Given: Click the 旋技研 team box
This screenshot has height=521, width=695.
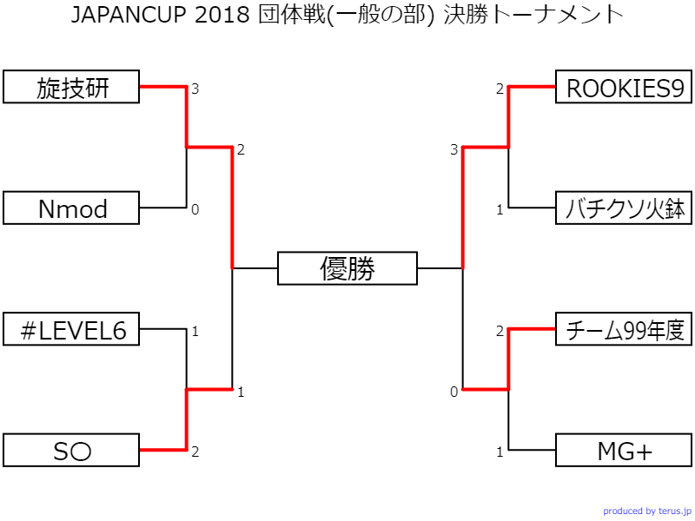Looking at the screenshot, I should click(71, 88).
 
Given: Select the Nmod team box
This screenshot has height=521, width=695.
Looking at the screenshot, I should click(71, 208).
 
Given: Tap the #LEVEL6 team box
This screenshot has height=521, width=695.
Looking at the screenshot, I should click(71, 330).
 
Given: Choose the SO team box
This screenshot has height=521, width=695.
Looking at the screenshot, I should click(71, 451).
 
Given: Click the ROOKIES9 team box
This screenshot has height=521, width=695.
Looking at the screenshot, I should click(624, 88).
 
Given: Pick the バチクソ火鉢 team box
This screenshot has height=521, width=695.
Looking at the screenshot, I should click(624, 208).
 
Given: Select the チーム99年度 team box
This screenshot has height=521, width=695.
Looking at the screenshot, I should click(624, 330).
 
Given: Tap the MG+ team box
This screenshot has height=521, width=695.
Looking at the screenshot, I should click(624, 451).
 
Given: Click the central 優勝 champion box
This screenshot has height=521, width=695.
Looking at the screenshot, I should click(347, 268).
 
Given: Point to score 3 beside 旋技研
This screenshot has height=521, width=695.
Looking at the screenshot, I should click(195, 89).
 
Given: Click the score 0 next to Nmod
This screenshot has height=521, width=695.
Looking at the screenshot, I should click(195, 209).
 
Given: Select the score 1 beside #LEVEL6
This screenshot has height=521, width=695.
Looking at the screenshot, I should click(195, 331).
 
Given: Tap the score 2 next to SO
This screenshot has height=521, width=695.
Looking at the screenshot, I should click(195, 452).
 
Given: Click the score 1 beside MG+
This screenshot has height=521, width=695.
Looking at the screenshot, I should click(500, 452).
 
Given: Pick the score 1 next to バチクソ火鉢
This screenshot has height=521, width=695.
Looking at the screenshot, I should click(500, 209).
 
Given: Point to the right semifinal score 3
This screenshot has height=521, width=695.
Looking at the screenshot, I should click(453, 150).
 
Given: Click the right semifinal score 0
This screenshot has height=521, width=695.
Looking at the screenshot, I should click(453, 392).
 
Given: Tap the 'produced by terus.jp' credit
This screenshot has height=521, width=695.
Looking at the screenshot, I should click(647, 511).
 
